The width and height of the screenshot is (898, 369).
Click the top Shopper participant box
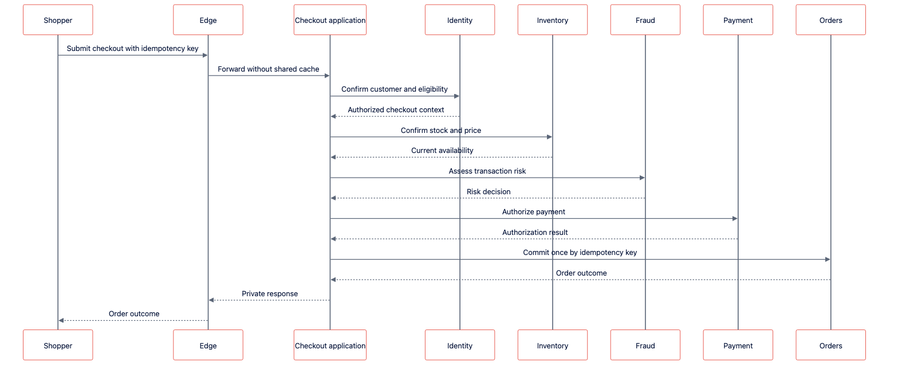click(58, 19)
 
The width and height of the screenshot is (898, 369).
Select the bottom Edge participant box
click(208, 345)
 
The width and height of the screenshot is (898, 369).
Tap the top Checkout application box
click(330, 19)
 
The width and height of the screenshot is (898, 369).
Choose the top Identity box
click(460, 19)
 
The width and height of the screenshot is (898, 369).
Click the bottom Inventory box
click(553, 345)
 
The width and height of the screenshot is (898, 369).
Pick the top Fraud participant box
click(645, 19)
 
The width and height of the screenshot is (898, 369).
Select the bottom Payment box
click(738, 345)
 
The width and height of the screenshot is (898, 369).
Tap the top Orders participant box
click(830, 19)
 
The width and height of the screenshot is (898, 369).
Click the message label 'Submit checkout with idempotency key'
click(132, 49)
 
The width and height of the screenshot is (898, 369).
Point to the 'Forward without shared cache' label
click(268, 69)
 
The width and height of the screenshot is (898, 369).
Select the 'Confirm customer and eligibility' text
click(395, 89)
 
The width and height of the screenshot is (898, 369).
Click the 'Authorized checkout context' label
click(396, 109)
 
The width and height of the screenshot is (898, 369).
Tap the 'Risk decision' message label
click(489, 192)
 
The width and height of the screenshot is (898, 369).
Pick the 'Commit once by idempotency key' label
click(580, 252)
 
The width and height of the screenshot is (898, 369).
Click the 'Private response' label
click(269, 293)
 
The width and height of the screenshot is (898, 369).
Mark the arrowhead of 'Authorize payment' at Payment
click(735, 219)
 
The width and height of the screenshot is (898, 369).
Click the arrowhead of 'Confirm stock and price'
click(550, 137)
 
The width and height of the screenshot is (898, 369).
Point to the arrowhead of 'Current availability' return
click(333, 157)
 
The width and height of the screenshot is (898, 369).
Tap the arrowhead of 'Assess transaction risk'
click(642, 178)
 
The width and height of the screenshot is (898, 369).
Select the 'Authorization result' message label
click(535, 232)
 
